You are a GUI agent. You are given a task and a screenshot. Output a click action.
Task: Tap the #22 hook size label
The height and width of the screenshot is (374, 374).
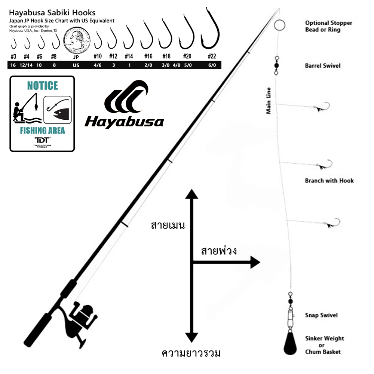[x=212, y=56]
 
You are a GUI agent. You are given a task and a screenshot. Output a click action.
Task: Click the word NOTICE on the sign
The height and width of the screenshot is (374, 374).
[x=42, y=86]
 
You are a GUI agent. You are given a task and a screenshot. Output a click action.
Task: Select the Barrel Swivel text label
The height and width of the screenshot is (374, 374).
[x=323, y=66]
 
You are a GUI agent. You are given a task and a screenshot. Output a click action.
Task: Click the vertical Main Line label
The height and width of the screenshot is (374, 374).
[x=269, y=101]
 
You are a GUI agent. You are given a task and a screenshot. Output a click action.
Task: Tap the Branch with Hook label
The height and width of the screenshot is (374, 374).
[x=329, y=181]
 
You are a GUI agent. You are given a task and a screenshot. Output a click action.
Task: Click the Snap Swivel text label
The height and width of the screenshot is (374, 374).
[x=321, y=315]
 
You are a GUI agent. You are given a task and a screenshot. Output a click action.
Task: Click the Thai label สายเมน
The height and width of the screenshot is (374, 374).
[x=168, y=226]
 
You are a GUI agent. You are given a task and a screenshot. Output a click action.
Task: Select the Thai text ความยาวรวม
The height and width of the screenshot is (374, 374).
[x=191, y=353]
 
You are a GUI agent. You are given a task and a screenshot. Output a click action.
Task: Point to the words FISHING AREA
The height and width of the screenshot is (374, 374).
[x=42, y=131]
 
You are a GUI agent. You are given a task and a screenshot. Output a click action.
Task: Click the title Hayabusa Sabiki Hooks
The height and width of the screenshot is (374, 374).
[x=52, y=13]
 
